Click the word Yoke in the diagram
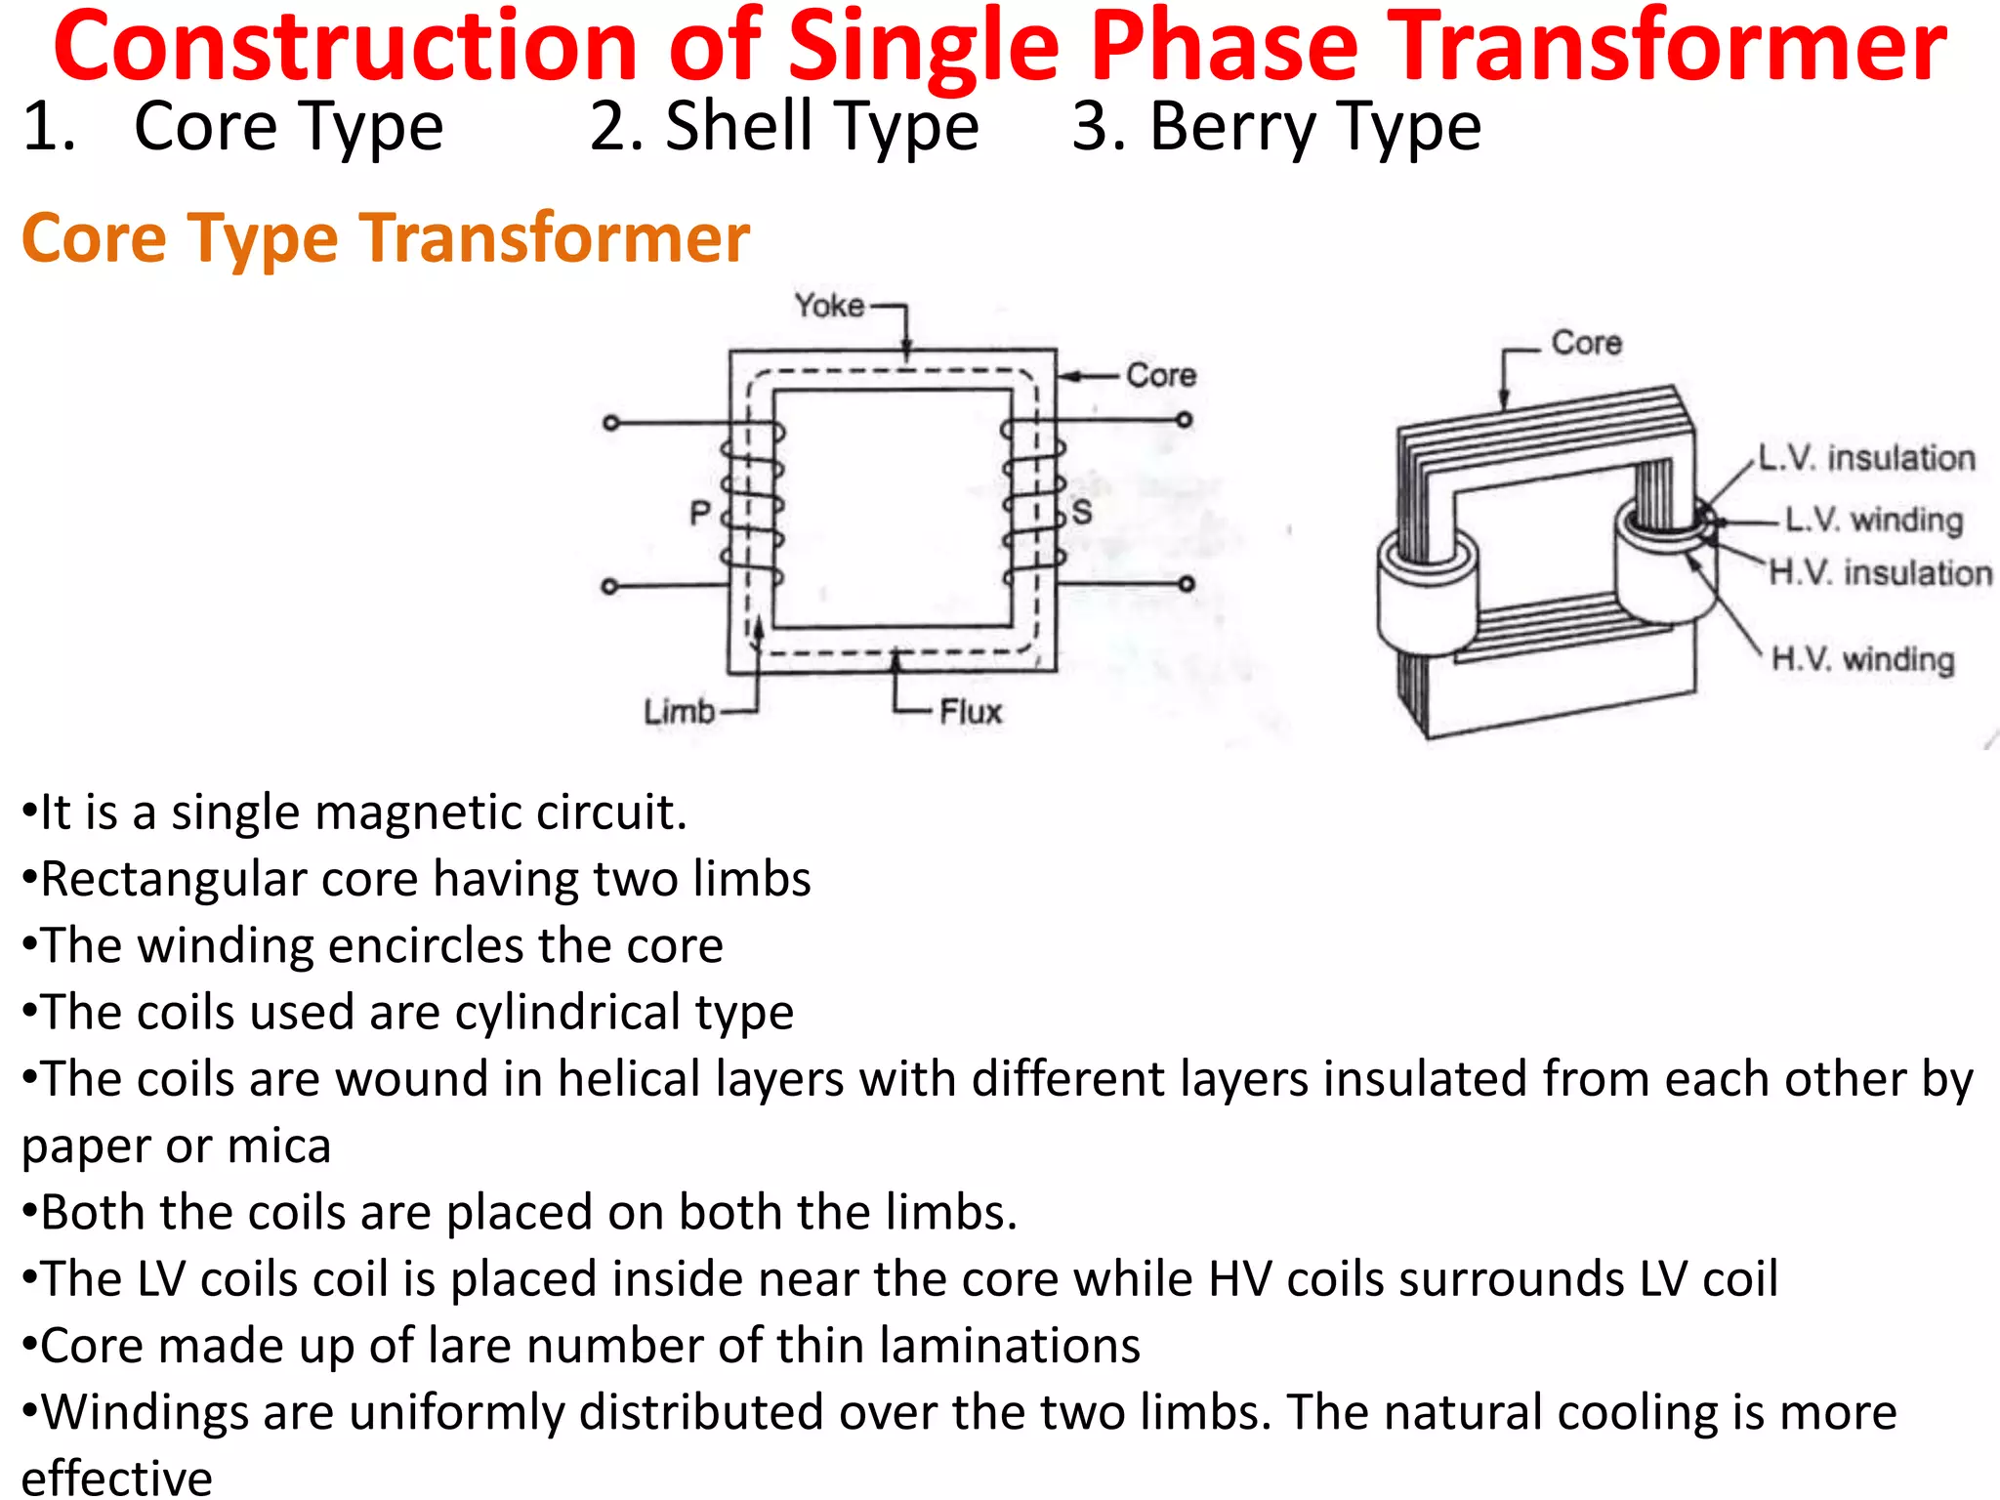pyautogui.click(x=829, y=306)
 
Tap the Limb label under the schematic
pyautogui.click(x=679, y=711)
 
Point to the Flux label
pyautogui.click(x=971, y=712)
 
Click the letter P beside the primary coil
pyautogui.click(x=700, y=513)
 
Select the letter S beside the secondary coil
pyautogui.click(x=1081, y=513)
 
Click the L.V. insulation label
pyautogui.click(x=1866, y=457)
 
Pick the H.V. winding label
pyautogui.click(x=1862, y=659)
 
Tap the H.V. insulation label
pyautogui.click(x=1880, y=572)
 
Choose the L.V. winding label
pyautogui.click(x=1873, y=520)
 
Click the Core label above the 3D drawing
pyautogui.click(x=1586, y=343)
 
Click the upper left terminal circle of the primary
pyautogui.click(x=610, y=423)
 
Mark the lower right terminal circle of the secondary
pyautogui.click(x=1186, y=584)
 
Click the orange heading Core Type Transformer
pyautogui.click(x=386, y=238)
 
